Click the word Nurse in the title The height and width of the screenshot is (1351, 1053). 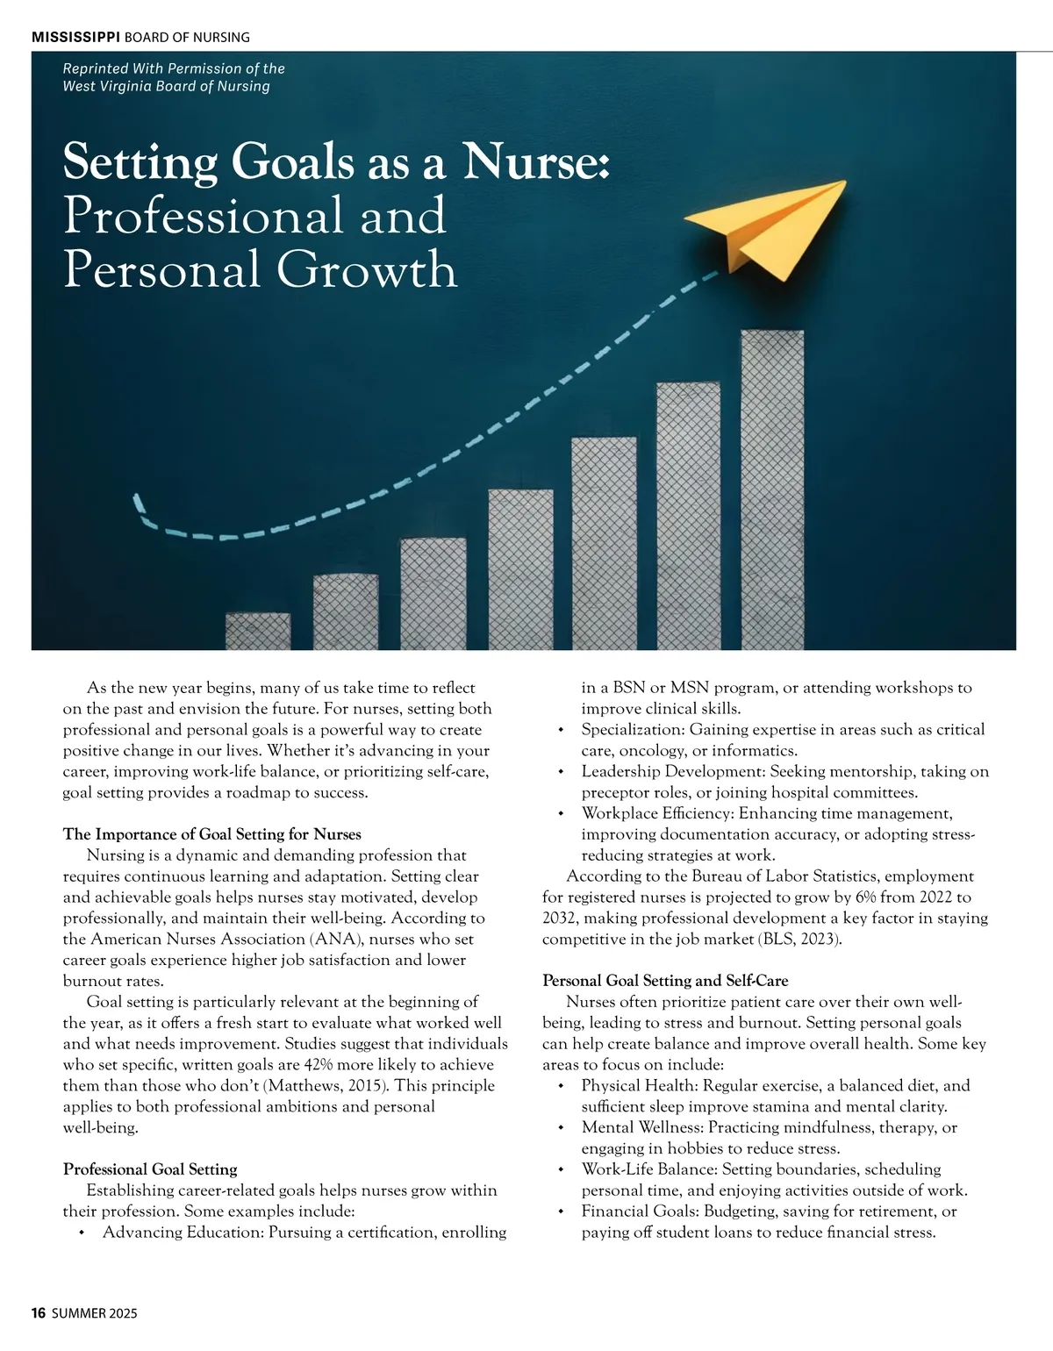pos(535,161)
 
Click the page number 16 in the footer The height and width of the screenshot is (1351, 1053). pos(38,1313)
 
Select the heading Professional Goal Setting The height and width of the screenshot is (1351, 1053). pos(150,1169)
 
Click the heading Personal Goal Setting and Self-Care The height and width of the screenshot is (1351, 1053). pos(665,980)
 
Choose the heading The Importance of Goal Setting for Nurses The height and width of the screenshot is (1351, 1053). pos(211,833)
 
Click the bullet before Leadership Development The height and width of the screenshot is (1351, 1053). pos(560,772)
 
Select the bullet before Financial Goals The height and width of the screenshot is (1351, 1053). pos(560,1212)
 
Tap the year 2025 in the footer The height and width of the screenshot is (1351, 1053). pos(123,1313)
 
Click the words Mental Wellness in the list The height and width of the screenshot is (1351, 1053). pos(641,1127)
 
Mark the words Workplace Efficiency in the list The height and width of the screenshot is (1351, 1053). pos(655,813)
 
